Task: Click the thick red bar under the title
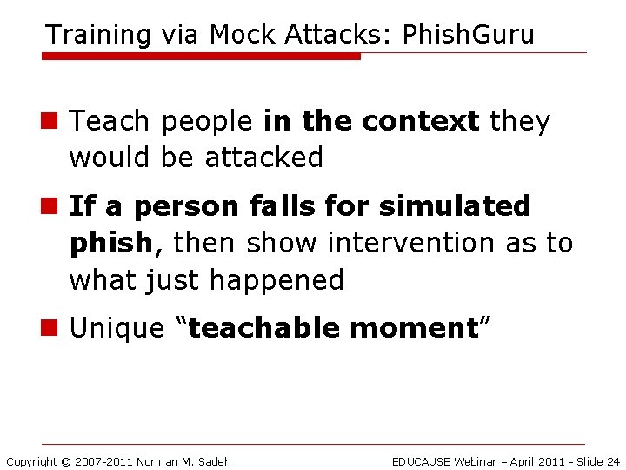201,56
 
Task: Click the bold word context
420,122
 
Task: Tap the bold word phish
110,243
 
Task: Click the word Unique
117,328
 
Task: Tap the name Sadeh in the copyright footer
214,461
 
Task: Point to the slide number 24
612,461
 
